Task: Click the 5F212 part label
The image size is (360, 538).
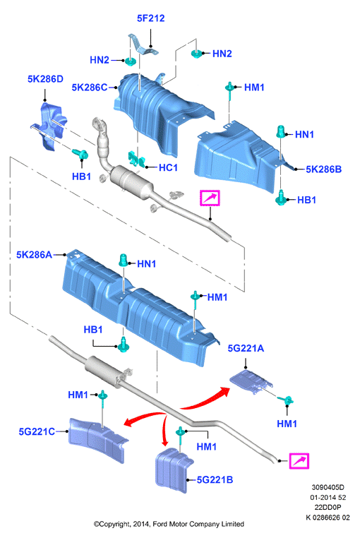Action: (x=150, y=18)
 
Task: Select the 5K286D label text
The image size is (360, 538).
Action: (x=45, y=79)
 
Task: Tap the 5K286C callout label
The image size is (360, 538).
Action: (x=89, y=88)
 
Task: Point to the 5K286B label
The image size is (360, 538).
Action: (x=323, y=169)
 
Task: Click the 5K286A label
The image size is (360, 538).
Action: (x=35, y=255)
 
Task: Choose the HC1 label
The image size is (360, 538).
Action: (x=168, y=167)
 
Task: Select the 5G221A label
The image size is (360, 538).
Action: (x=246, y=348)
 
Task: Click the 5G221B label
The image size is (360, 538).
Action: (x=215, y=479)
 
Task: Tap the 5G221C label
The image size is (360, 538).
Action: (x=37, y=431)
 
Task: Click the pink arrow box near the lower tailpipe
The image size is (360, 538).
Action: (x=299, y=461)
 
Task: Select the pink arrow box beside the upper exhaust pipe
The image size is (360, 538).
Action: (x=210, y=198)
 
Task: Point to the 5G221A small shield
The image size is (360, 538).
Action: (x=251, y=381)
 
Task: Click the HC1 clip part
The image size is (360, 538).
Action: (x=136, y=159)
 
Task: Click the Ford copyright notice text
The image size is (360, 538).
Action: (x=169, y=524)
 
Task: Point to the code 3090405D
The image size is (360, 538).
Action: (x=328, y=487)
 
